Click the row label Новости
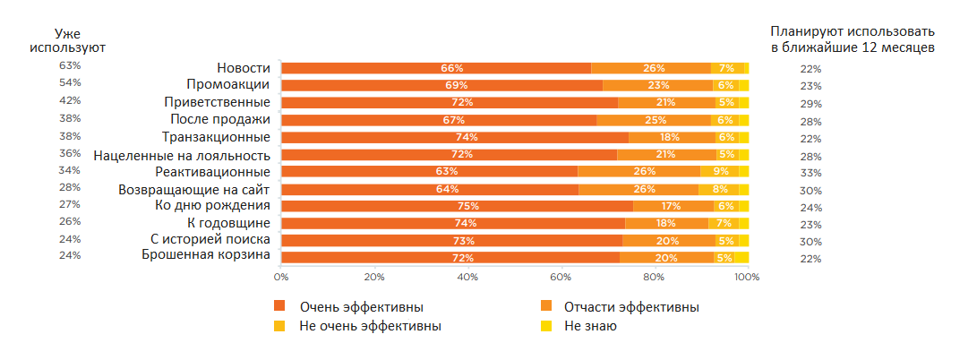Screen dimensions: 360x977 pos(244,68)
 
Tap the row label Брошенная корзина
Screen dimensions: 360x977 pos(206,256)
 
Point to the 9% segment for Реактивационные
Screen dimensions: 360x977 pos(720,172)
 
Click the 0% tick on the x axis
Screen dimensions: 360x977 pos(281,277)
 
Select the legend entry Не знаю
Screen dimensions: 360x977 pos(590,326)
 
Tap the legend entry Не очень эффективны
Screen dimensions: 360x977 pos(370,326)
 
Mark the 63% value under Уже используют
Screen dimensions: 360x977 pos(70,66)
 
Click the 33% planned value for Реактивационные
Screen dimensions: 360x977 pos(811,173)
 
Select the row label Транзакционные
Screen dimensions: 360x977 pos(216,137)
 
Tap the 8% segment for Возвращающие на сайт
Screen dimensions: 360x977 pos(719,189)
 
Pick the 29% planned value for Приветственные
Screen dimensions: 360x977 pos(811,104)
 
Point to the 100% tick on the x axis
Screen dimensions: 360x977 pos(747,277)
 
